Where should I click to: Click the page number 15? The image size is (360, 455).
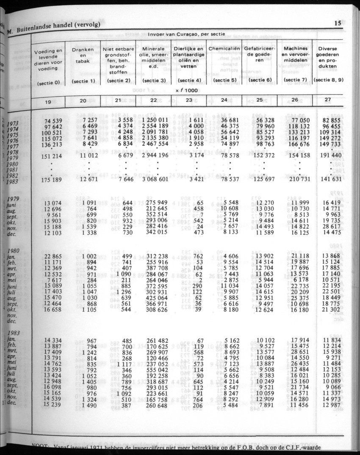338,23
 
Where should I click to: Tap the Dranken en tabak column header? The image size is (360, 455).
83,55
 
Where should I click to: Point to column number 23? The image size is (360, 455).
188,100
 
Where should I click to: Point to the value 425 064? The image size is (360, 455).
156,298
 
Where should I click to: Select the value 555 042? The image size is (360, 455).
156,369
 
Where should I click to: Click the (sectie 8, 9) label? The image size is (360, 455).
329,80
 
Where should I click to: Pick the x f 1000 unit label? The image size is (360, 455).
188,90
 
